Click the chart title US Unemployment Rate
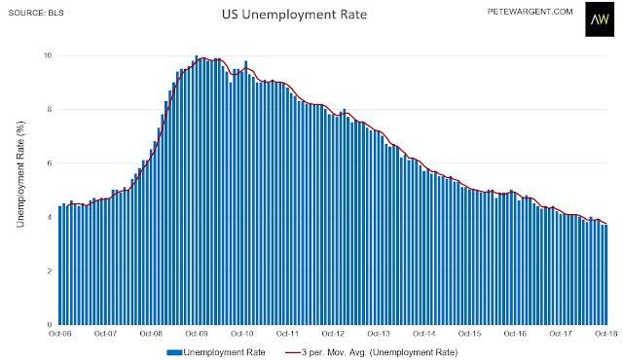294,15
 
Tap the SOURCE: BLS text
36,13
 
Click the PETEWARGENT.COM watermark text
530,12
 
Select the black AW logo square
600,18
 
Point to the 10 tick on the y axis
48,55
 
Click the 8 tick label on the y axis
50,109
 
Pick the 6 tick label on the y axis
50,163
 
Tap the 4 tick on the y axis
50,217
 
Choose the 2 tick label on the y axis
50,271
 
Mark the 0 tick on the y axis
50,325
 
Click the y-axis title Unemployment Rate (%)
20,174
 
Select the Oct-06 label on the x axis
60,334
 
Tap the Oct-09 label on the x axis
197,334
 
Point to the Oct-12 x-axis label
333,334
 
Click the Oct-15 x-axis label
469,334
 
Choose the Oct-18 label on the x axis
606,334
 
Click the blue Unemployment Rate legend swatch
174,352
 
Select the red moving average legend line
292,352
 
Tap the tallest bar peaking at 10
197,190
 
